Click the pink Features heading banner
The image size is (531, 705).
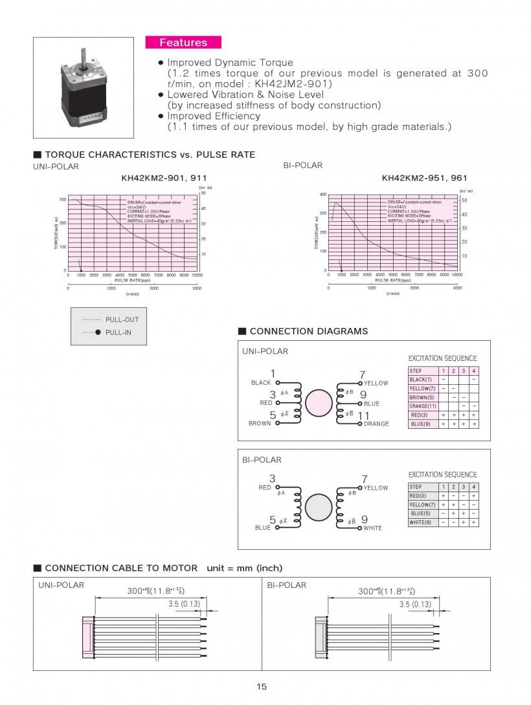183,43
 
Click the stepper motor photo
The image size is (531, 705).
84,88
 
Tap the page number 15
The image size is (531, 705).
262,686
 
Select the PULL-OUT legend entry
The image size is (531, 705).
122,320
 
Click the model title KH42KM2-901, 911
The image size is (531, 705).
164,178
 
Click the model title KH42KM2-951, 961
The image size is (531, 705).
424,178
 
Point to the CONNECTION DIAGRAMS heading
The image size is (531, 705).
308,331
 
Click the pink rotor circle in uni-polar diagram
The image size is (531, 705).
318,403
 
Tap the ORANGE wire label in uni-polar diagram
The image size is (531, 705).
376,424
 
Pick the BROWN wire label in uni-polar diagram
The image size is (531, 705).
260,424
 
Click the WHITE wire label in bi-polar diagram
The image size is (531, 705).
372,528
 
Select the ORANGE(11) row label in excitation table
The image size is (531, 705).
423,406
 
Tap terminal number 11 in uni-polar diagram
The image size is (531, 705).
363,416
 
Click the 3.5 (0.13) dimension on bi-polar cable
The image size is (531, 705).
415,604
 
